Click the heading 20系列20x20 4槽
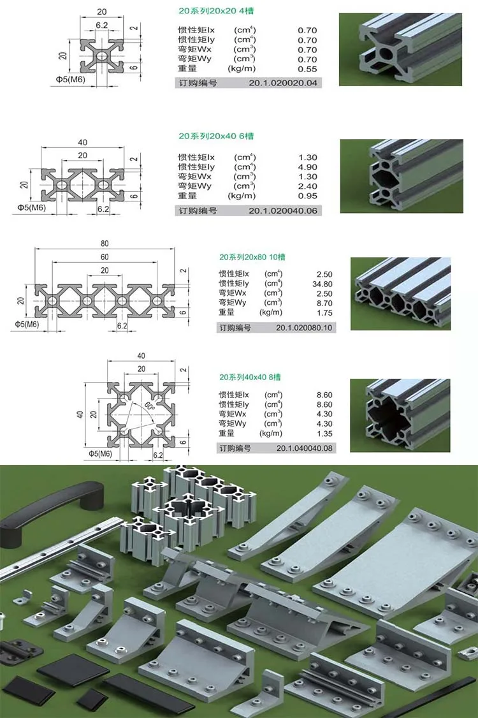pyautogui.click(x=216, y=11)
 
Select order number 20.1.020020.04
pyautogui.click(x=283, y=83)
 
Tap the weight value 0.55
pyautogui.click(x=307, y=69)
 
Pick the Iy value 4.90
pyautogui.click(x=307, y=167)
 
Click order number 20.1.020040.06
pyautogui.click(x=283, y=210)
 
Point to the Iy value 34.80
pyautogui.click(x=322, y=284)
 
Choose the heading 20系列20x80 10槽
pyautogui.click(x=252, y=257)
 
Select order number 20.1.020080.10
pyautogui.click(x=304, y=328)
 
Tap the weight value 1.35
pyautogui.click(x=324, y=434)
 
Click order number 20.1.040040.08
pyautogui.click(x=305, y=448)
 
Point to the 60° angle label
pyautogui.click(x=150, y=406)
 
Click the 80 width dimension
pyautogui.click(x=105, y=243)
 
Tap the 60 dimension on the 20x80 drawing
pyautogui.click(x=105, y=257)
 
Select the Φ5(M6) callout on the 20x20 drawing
pyautogui.click(x=71, y=79)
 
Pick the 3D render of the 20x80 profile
pyautogui.click(x=401, y=293)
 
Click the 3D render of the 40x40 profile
pyautogui.click(x=400, y=415)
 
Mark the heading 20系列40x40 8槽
pyautogui.click(x=250, y=377)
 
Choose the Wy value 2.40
pyautogui.click(x=307, y=186)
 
